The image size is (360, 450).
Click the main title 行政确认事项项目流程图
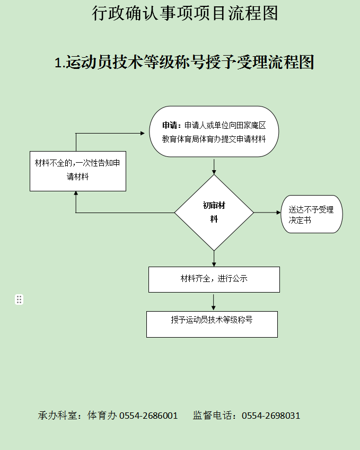click(x=185, y=13)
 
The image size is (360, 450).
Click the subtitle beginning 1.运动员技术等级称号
click(x=185, y=62)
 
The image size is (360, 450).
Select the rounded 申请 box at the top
click(x=214, y=131)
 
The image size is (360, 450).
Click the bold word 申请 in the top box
click(x=170, y=126)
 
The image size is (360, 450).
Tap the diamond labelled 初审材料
click(x=214, y=213)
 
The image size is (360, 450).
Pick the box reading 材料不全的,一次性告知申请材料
click(x=78, y=171)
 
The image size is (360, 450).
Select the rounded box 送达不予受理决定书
click(x=311, y=214)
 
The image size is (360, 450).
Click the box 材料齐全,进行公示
click(x=214, y=279)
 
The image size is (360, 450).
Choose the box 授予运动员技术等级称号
click(x=212, y=324)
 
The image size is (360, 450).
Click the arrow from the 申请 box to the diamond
click(x=214, y=166)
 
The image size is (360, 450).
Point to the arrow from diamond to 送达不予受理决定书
click(x=267, y=213)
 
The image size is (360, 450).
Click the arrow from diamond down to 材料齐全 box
click(x=214, y=259)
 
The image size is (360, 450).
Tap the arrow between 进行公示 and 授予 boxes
click(x=213, y=302)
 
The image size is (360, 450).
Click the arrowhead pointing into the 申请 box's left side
click(x=143, y=133)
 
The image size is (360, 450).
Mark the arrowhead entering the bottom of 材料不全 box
click(x=76, y=193)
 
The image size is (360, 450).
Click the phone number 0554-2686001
click(x=148, y=416)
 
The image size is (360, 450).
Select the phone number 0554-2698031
click(x=271, y=416)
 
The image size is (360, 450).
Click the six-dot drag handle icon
click(x=19, y=299)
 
